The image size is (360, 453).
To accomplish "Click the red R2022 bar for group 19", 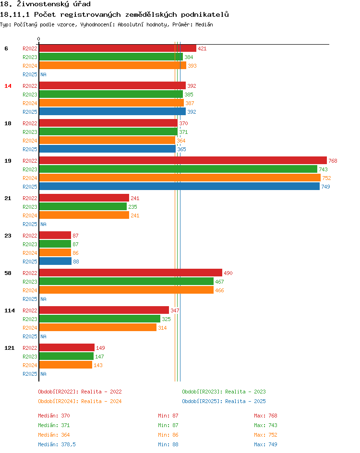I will coord(182,161).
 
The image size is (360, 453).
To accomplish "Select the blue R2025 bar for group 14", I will coord(112,112).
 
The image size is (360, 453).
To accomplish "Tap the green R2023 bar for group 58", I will coord(126,282).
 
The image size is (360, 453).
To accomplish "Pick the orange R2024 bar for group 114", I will coord(97,328).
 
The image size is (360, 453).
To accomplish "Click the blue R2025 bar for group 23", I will coord(55,262).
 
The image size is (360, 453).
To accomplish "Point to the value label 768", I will coord(333,161).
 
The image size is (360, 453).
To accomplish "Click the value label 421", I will coord(202,48).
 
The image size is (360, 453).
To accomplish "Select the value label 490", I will coord(228,273).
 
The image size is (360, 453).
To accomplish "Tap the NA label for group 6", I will coord(43,74).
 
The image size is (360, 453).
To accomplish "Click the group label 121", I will coord(9,348).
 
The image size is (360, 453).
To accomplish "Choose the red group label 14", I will coord(8,86).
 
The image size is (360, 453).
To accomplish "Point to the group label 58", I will coord(8,273).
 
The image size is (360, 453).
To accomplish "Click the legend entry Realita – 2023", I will coord(224,392).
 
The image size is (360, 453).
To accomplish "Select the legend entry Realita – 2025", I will coord(224,401).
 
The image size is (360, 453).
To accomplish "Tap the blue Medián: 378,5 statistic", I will coord(57,444).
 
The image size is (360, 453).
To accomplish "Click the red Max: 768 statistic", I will coord(265,416).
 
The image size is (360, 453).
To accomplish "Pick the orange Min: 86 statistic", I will coord(168,435).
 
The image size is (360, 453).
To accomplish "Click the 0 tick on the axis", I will coord(39,39).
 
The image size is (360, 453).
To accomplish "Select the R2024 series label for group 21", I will coord(30,215).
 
